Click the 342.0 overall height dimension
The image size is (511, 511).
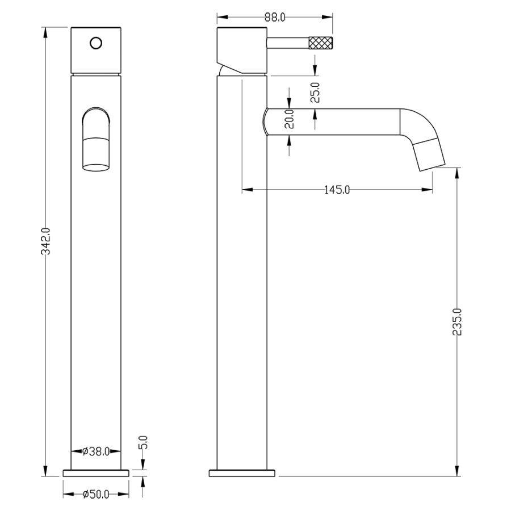point(45,241)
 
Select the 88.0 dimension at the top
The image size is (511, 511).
point(275,17)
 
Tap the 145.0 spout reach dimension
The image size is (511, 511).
point(337,190)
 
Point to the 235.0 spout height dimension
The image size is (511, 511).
point(457,322)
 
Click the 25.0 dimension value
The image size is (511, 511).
point(315,93)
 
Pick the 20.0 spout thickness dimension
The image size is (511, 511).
point(289,119)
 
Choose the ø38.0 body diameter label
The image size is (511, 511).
point(96,451)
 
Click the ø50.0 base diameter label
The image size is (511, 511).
point(96,495)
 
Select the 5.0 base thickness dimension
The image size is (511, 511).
point(143,442)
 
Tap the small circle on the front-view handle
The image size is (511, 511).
point(96,43)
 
